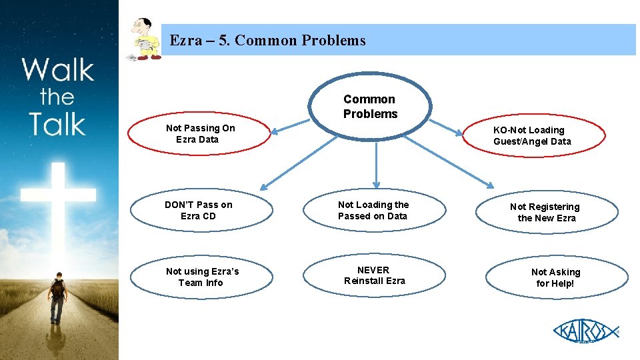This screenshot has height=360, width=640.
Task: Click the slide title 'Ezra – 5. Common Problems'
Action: click(x=267, y=41)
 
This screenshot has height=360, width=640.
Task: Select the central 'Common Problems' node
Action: click(x=370, y=107)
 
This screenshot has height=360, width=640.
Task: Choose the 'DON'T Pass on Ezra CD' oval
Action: click(x=199, y=211)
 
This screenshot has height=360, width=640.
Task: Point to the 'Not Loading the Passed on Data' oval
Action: click(x=373, y=211)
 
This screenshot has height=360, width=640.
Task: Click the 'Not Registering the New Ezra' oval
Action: click(x=545, y=213)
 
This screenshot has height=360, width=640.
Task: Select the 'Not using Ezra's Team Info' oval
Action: click(x=202, y=277)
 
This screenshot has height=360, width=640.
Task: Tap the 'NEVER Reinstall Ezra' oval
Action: click(x=374, y=275)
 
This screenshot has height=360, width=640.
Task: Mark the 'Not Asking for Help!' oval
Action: click(x=556, y=277)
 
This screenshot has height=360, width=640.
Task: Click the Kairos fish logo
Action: click(x=585, y=331)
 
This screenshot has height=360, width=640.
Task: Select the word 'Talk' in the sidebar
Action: click(x=57, y=124)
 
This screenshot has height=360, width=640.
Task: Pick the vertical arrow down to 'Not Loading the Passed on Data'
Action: click(x=377, y=163)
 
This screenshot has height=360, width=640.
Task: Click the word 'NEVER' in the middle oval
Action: click(x=373, y=270)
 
